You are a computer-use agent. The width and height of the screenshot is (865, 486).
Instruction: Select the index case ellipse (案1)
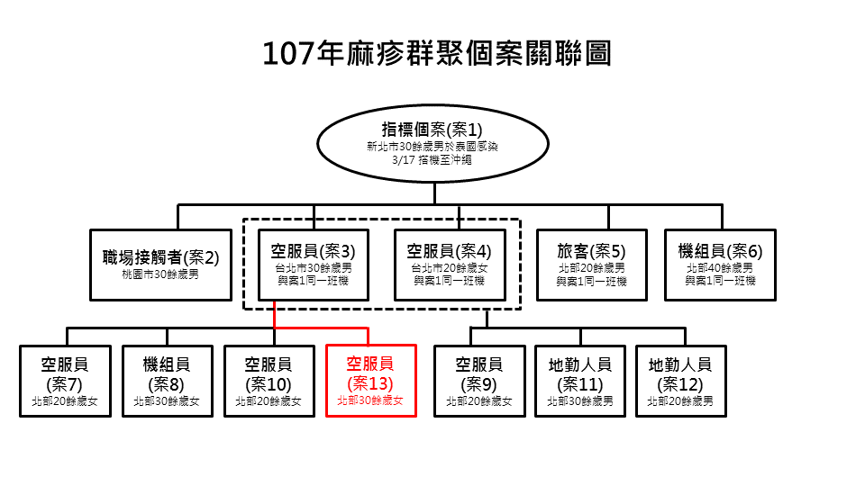[433, 144]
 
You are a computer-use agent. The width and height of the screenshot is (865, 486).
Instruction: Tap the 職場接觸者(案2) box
[160, 265]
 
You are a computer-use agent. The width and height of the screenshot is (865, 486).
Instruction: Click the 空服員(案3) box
[313, 265]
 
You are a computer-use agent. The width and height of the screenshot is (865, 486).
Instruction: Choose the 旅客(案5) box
[592, 265]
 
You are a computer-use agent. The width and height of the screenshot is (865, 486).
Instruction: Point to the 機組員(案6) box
[720, 265]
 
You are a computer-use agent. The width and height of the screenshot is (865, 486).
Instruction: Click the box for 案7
[65, 381]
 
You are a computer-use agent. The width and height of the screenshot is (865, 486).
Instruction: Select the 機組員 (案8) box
[167, 381]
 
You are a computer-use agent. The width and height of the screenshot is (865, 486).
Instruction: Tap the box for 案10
[268, 381]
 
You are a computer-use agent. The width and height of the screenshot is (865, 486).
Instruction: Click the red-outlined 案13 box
[369, 381]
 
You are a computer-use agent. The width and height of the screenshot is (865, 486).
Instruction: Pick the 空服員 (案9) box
[478, 381]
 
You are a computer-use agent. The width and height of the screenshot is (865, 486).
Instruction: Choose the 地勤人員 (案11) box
[580, 381]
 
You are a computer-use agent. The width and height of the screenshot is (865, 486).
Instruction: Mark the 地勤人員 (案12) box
[681, 381]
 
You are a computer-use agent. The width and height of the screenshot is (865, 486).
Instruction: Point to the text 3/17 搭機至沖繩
[432, 159]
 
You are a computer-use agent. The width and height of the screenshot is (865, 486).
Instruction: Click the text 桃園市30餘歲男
[160, 273]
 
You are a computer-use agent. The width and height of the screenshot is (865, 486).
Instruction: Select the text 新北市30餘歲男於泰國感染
[432, 146]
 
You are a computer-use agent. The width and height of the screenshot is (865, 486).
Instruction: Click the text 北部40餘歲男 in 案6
[720, 268]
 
